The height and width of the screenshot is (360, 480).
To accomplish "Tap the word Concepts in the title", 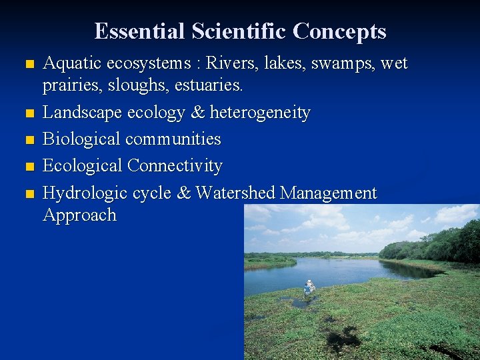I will pyautogui.click(x=340, y=31).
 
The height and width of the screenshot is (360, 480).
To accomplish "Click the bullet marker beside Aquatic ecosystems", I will pyautogui.click(x=27, y=65).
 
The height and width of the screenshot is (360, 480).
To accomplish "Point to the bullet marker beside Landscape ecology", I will pyautogui.click(x=27, y=114).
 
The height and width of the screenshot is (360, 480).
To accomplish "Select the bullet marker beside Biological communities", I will pyautogui.click(x=27, y=140).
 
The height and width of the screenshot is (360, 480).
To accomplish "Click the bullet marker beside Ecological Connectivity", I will pyautogui.click(x=27, y=167).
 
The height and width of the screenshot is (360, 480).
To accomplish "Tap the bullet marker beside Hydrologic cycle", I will pyautogui.click(x=27, y=194).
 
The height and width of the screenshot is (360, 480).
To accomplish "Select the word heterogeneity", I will pyautogui.click(x=260, y=113).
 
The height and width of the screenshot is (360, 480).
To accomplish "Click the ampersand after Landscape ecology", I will pyautogui.click(x=197, y=113).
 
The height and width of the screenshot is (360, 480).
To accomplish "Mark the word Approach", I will pyautogui.click(x=79, y=216).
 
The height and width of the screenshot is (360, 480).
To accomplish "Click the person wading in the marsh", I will pyautogui.click(x=309, y=287).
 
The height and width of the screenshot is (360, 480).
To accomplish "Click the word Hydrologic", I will pyautogui.click(x=85, y=193).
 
